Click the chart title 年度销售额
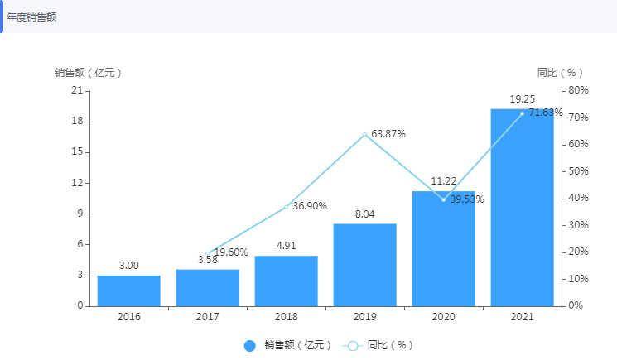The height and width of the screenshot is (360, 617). [31, 17]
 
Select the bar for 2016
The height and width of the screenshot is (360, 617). [129, 290]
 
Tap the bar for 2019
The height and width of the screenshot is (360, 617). [365, 265]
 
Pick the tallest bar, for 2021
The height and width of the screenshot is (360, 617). [522, 207]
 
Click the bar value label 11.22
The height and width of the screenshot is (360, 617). [444, 181]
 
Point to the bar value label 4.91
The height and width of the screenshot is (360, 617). [286, 246]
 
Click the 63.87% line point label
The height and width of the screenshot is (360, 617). [388, 134]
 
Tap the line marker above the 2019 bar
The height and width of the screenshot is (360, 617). [365, 134]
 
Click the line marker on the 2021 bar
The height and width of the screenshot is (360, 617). [523, 113]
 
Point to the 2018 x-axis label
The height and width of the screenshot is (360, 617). [287, 317]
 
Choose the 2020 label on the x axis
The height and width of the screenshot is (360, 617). [444, 317]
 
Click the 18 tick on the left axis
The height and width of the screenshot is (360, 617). [78, 122]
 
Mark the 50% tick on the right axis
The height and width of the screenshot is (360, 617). [577, 171]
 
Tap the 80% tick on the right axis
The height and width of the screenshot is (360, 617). [577, 90]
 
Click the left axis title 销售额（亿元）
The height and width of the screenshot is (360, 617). [89, 73]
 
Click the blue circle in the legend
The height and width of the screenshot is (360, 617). [250, 345]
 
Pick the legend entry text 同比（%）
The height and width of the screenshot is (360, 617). [390, 345]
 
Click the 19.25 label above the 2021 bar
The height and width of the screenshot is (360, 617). [523, 98]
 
